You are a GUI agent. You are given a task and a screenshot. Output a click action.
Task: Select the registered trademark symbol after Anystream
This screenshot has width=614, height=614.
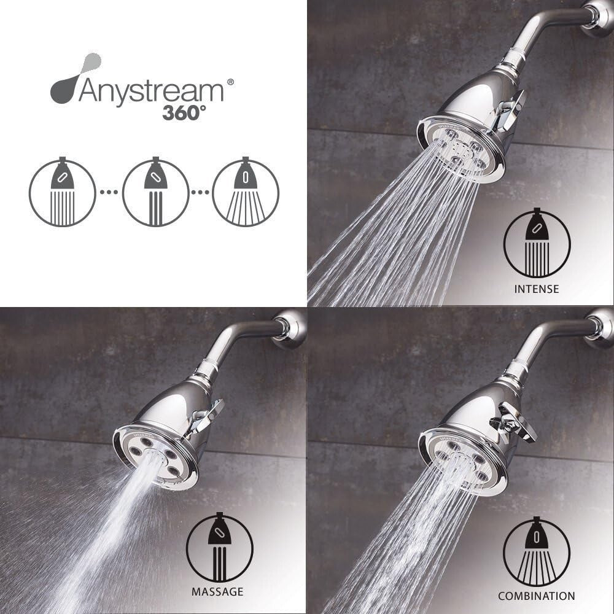pyautogui.click(x=230, y=80)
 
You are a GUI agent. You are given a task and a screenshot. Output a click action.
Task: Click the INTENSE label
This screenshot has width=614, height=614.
pyautogui.click(x=537, y=288)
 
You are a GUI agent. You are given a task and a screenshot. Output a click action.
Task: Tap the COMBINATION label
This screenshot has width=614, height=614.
pyautogui.click(x=536, y=596)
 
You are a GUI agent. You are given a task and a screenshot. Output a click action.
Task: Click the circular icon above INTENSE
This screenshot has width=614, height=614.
pyautogui.click(x=537, y=244)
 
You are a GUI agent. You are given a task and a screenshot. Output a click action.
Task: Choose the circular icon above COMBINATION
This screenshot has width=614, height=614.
pyautogui.click(x=536, y=551)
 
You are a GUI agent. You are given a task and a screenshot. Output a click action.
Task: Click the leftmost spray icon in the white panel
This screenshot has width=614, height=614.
pyautogui.click(x=63, y=193)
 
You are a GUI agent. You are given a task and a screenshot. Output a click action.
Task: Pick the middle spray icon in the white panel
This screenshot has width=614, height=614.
pyautogui.click(x=155, y=193)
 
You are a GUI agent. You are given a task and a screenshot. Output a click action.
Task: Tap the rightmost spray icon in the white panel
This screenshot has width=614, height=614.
pyautogui.click(x=246, y=193)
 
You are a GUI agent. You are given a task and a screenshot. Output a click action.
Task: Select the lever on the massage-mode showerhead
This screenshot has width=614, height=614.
pyautogui.click(x=205, y=417)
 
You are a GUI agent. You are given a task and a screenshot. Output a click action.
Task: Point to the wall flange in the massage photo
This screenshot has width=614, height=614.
pyautogui.click(x=291, y=328)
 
